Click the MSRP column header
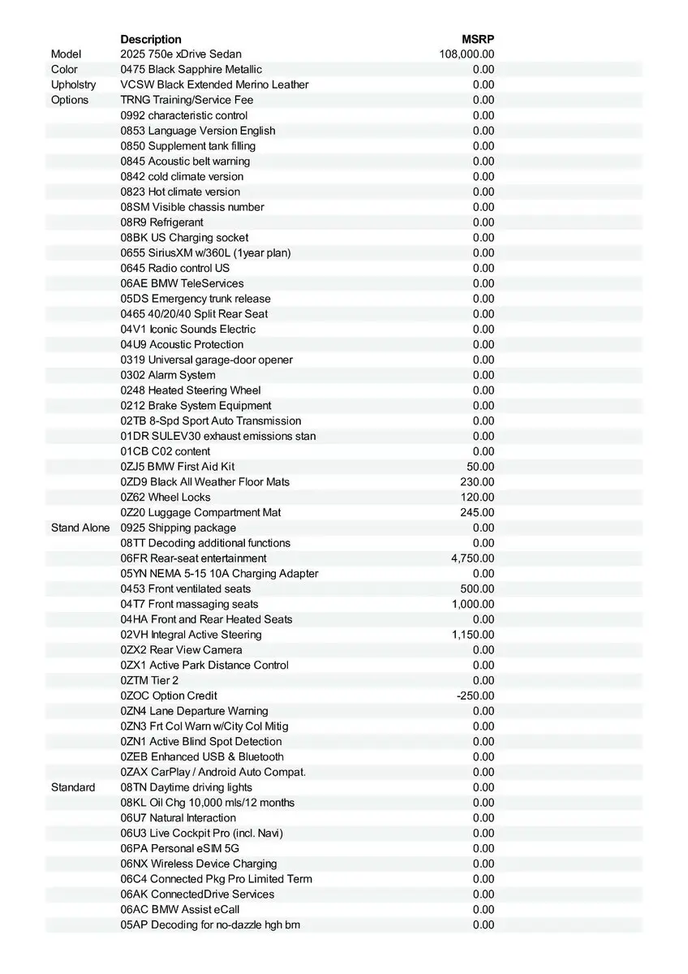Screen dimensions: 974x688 click(478, 39)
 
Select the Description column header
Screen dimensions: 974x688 click(151, 39)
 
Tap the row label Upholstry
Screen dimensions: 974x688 click(73, 84)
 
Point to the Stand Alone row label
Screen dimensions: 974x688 click(80, 528)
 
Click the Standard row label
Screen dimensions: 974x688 click(73, 787)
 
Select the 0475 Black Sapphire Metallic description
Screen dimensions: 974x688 click(191, 70)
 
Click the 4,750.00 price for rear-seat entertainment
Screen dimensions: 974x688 click(472, 558)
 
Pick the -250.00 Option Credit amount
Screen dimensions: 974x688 click(475, 696)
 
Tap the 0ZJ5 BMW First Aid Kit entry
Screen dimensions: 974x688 click(178, 467)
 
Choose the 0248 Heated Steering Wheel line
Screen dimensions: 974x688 click(191, 390)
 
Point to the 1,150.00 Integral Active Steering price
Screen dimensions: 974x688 click(472, 635)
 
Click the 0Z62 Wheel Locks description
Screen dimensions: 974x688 click(166, 498)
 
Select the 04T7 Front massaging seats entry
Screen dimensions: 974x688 click(190, 604)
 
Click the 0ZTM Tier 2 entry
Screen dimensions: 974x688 click(149, 680)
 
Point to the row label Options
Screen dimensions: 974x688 click(70, 100)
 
